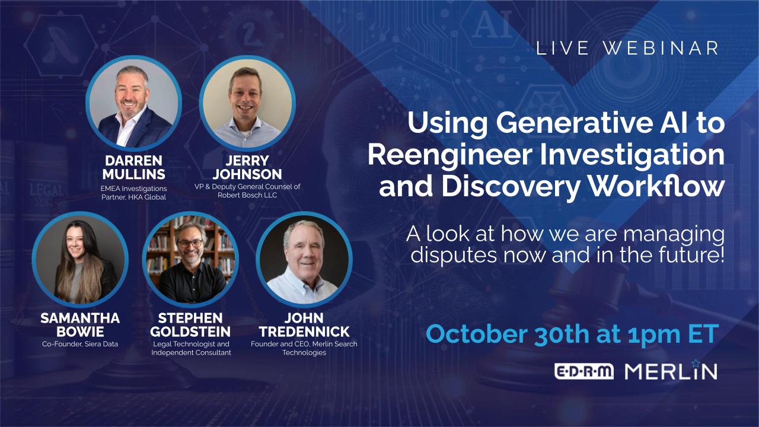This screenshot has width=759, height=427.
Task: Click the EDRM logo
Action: coord(584,372)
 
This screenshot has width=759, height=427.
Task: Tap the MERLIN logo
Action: coord(671,371)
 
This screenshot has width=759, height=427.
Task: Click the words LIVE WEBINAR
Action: coord(627,49)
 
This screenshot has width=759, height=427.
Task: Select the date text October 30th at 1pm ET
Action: coord(572,333)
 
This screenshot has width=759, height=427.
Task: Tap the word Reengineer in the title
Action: coord(438,155)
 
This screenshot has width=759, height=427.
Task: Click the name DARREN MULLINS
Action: coord(133,167)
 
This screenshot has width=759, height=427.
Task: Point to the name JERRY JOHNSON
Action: coord(247,167)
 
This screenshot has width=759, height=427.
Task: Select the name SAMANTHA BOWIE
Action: coord(79,324)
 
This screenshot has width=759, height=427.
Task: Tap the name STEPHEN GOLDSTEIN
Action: coord(190,324)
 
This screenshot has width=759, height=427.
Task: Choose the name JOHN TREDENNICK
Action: coord(304,324)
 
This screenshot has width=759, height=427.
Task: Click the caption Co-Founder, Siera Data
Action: coord(79,344)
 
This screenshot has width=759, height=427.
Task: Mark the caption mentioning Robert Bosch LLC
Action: coord(247,190)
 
